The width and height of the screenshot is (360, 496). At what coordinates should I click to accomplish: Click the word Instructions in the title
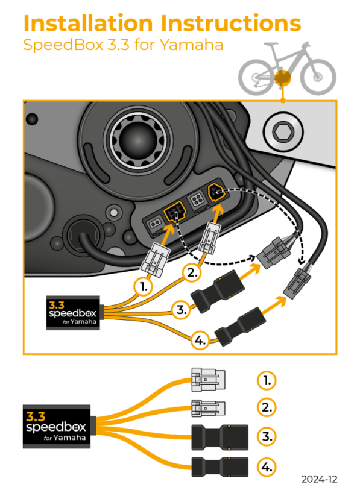tap(232, 24)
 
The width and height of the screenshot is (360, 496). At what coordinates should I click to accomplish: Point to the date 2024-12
tap(320, 479)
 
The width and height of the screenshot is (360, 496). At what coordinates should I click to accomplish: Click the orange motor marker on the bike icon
tap(282, 78)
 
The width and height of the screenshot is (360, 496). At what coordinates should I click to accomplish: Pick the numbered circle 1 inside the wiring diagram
tap(142, 287)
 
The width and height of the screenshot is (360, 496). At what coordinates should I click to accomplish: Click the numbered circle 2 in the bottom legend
tap(266, 407)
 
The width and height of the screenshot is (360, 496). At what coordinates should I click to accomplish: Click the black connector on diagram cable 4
tap(241, 326)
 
